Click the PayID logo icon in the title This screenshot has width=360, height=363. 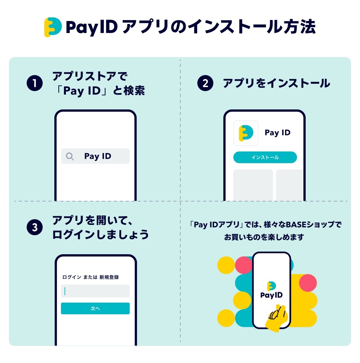pyautogui.click(x=53, y=27)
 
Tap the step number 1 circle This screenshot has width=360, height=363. pyautogui.click(x=35, y=83)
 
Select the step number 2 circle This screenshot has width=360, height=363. pyautogui.click(x=205, y=83)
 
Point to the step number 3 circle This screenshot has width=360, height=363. pyautogui.click(x=35, y=227)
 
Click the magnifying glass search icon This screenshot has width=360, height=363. pyautogui.click(x=70, y=156)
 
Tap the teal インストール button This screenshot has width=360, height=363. pyautogui.click(x=265, y=157)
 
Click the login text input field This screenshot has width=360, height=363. pyautogui.click(x=95, y=291)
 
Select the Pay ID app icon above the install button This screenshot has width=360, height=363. pyautogui.click(x=246, y=133)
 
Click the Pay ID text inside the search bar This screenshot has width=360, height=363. pyautogui.click(x=98, y=156)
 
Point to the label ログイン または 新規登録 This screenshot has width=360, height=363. pyautogui.click(x=90, y=277)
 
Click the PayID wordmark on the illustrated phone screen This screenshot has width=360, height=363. pyautogui.click(x=271, y=295)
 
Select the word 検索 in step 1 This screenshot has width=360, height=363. pyautogui.click(x=134, y=90)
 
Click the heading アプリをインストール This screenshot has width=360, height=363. pyautogui.click(x=276, y=83)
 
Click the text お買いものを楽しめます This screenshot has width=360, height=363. pyautogui.click(x=264, y=237)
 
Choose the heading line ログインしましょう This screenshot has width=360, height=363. pyautogui.click(x=100, y=234)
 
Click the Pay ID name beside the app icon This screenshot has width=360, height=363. pyautogui.click(x=277, y=133)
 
